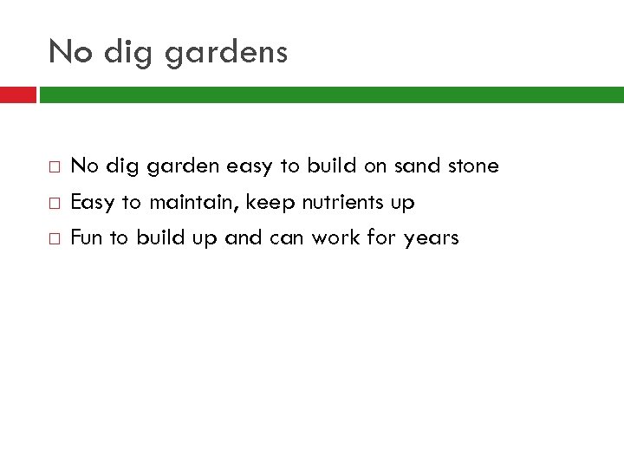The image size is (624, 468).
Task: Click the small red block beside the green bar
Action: (x=17, y=93)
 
